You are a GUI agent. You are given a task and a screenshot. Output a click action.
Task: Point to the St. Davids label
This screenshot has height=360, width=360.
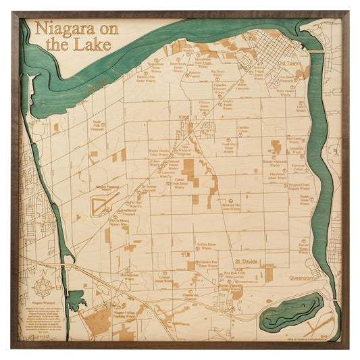(x=247, y=261)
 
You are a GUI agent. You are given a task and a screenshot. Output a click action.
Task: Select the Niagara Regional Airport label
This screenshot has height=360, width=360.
(x=112, y=186)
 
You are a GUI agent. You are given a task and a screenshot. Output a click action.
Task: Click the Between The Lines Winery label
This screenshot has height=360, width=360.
(x=232, y=207)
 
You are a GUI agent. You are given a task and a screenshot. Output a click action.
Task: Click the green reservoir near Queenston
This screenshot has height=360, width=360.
(x=292, y=311)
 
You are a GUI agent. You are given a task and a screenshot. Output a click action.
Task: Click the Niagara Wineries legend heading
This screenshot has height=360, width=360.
(x=44, y=303)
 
